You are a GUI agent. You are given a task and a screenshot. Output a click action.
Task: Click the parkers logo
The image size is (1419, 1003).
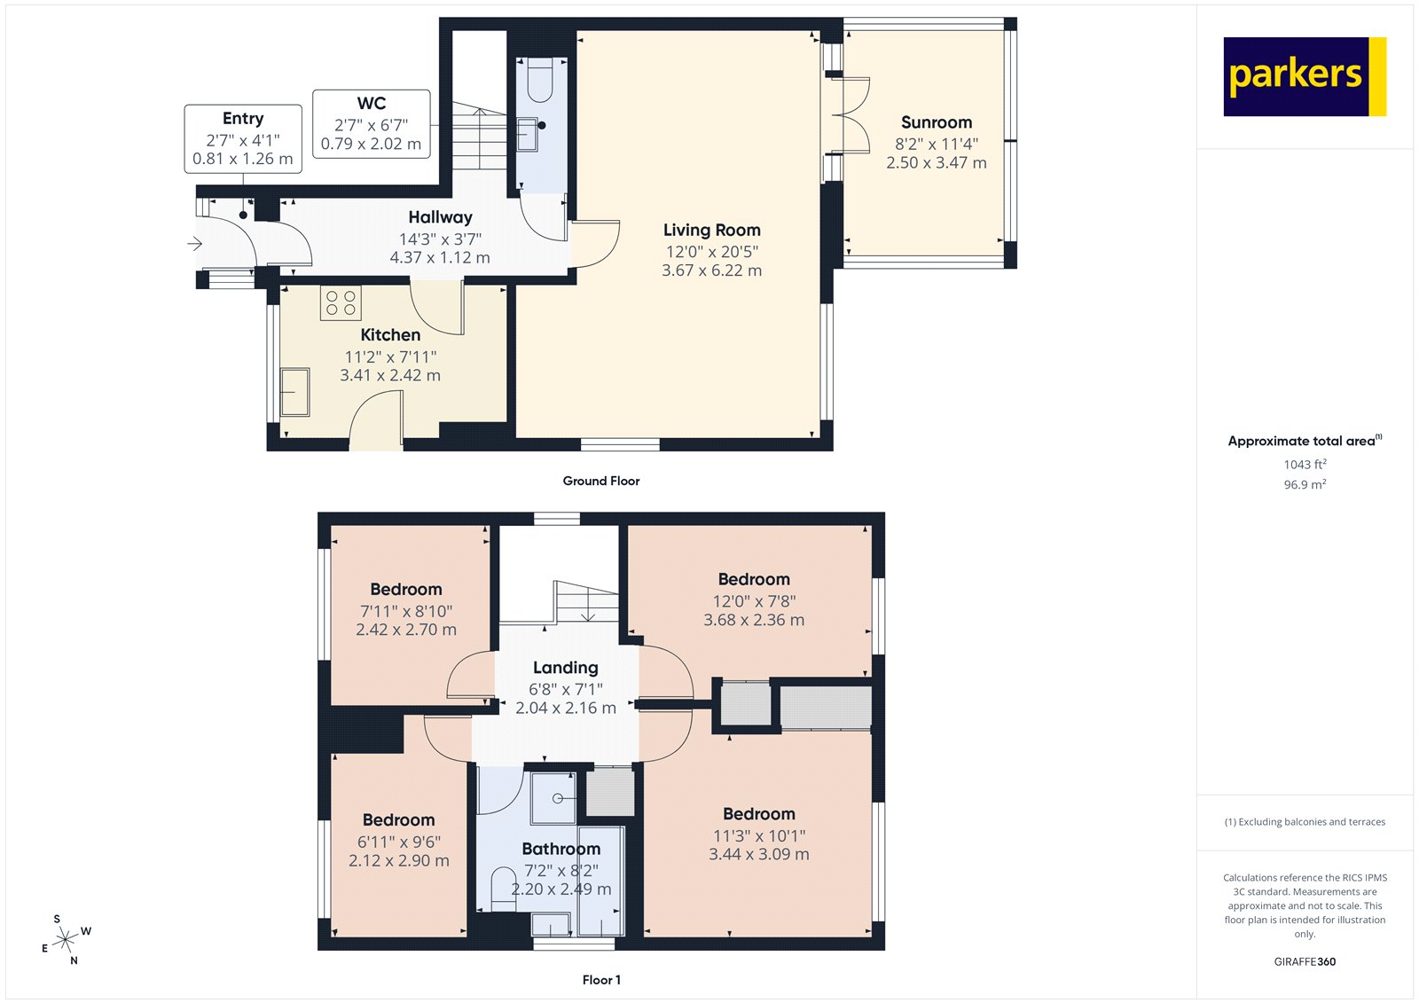(x=1304, y=76)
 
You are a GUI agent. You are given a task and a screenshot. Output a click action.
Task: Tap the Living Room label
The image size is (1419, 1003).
(x=711, y=231)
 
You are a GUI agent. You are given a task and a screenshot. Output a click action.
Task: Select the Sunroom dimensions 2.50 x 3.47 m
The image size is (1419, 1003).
(x=936, y=163)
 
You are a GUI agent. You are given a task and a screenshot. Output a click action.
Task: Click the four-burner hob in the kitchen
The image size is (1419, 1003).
(x=341, y=303)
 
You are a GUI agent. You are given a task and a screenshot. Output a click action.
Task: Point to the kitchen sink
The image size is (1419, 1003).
(x=294, y=392)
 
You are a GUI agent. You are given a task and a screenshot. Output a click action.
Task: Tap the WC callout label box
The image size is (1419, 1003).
(x=371, y=123)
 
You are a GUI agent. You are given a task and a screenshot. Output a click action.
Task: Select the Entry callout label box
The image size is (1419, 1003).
(x=243, y=138)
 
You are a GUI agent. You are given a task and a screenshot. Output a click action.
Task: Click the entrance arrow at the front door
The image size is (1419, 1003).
(x=195, y=244)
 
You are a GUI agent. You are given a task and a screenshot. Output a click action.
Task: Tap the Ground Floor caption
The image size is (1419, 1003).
(x=600, y=481)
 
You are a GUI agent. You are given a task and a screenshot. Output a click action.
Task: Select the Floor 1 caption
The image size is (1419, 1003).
(x=600, y=980)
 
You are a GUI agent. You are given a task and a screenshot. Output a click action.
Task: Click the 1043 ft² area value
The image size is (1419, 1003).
(x=1305, y=465)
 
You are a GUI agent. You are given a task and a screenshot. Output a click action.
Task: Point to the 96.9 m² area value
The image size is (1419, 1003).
(x=1305, y=485)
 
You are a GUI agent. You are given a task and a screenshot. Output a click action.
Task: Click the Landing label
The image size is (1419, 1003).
(x=565, y=668)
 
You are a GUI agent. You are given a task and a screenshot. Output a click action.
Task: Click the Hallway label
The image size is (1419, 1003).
(x=440, y=217)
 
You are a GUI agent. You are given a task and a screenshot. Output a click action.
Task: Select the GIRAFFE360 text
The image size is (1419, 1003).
(x=1305, y=961)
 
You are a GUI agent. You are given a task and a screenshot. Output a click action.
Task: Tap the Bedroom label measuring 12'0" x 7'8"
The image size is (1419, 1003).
(x=753, y=579)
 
